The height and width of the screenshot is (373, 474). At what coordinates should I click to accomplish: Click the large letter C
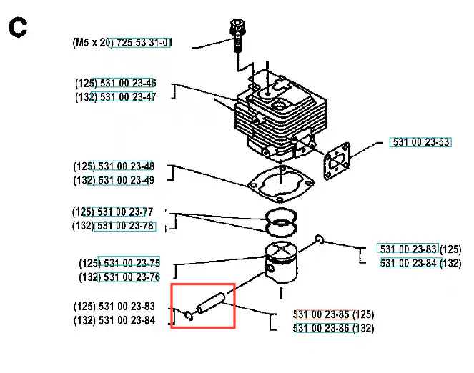tap(18, 28)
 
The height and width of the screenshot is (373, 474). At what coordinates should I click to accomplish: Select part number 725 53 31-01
tap(143, 43)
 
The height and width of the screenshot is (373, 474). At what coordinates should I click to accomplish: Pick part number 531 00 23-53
tap(421, 142)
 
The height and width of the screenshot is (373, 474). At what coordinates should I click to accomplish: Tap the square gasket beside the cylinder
tap(335, 159)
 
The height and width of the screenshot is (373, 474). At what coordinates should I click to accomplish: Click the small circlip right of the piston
tap(321, 239)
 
